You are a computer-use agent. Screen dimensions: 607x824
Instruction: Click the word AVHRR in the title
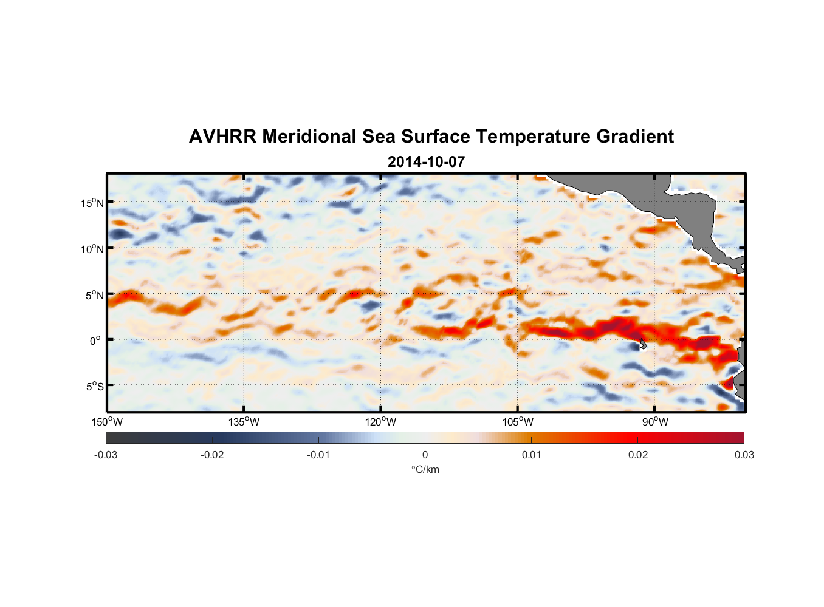[222, 137]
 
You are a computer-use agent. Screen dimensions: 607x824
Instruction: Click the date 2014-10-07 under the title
[426, 162]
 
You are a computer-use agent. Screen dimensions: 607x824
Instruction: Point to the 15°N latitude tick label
[92, 203]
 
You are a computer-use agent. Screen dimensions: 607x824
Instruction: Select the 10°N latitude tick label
[92, 249]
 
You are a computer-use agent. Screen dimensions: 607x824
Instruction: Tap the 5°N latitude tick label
[94, 295]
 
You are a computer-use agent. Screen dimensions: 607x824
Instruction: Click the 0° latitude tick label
[95, 341]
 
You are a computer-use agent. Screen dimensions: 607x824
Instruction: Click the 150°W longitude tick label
[108, 422]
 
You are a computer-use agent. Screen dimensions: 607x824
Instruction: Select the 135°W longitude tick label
[244, 422]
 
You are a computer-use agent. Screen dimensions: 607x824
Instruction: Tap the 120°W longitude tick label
[381, 422]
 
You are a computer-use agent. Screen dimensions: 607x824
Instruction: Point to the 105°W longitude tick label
[518, 422]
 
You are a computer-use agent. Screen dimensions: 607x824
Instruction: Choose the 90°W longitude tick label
[655, 422]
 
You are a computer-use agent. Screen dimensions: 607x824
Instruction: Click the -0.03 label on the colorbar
[106, 455]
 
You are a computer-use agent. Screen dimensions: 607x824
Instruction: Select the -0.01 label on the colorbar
[318, 455]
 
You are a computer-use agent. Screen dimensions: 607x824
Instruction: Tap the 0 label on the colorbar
[425, 455]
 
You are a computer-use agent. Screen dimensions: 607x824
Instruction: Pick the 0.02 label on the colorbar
[638, 455]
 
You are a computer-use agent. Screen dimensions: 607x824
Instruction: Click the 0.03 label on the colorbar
[744, 455]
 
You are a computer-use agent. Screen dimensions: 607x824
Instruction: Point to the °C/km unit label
[425, 469]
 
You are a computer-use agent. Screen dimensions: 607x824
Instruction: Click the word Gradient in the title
[635, 137]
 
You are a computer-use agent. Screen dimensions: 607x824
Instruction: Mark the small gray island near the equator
[643, 344]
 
